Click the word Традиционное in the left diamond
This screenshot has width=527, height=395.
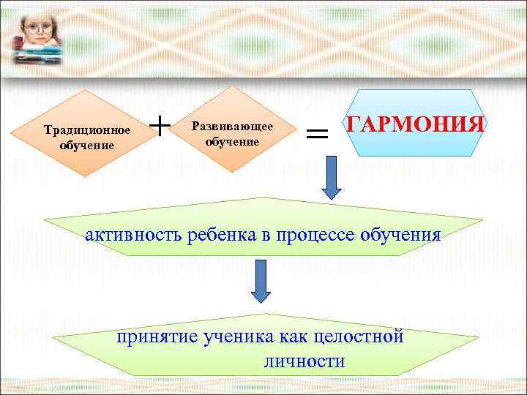coord(86,131)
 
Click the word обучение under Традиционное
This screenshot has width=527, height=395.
coord(86,145)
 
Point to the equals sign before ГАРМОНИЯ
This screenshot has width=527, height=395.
coord(316,133)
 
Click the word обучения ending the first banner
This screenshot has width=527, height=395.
coord(398,235)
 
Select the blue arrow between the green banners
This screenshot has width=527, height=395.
coord(261,282)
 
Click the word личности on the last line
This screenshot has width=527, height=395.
coord(302,361)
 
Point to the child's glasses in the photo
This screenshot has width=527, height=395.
coord(34,30)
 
